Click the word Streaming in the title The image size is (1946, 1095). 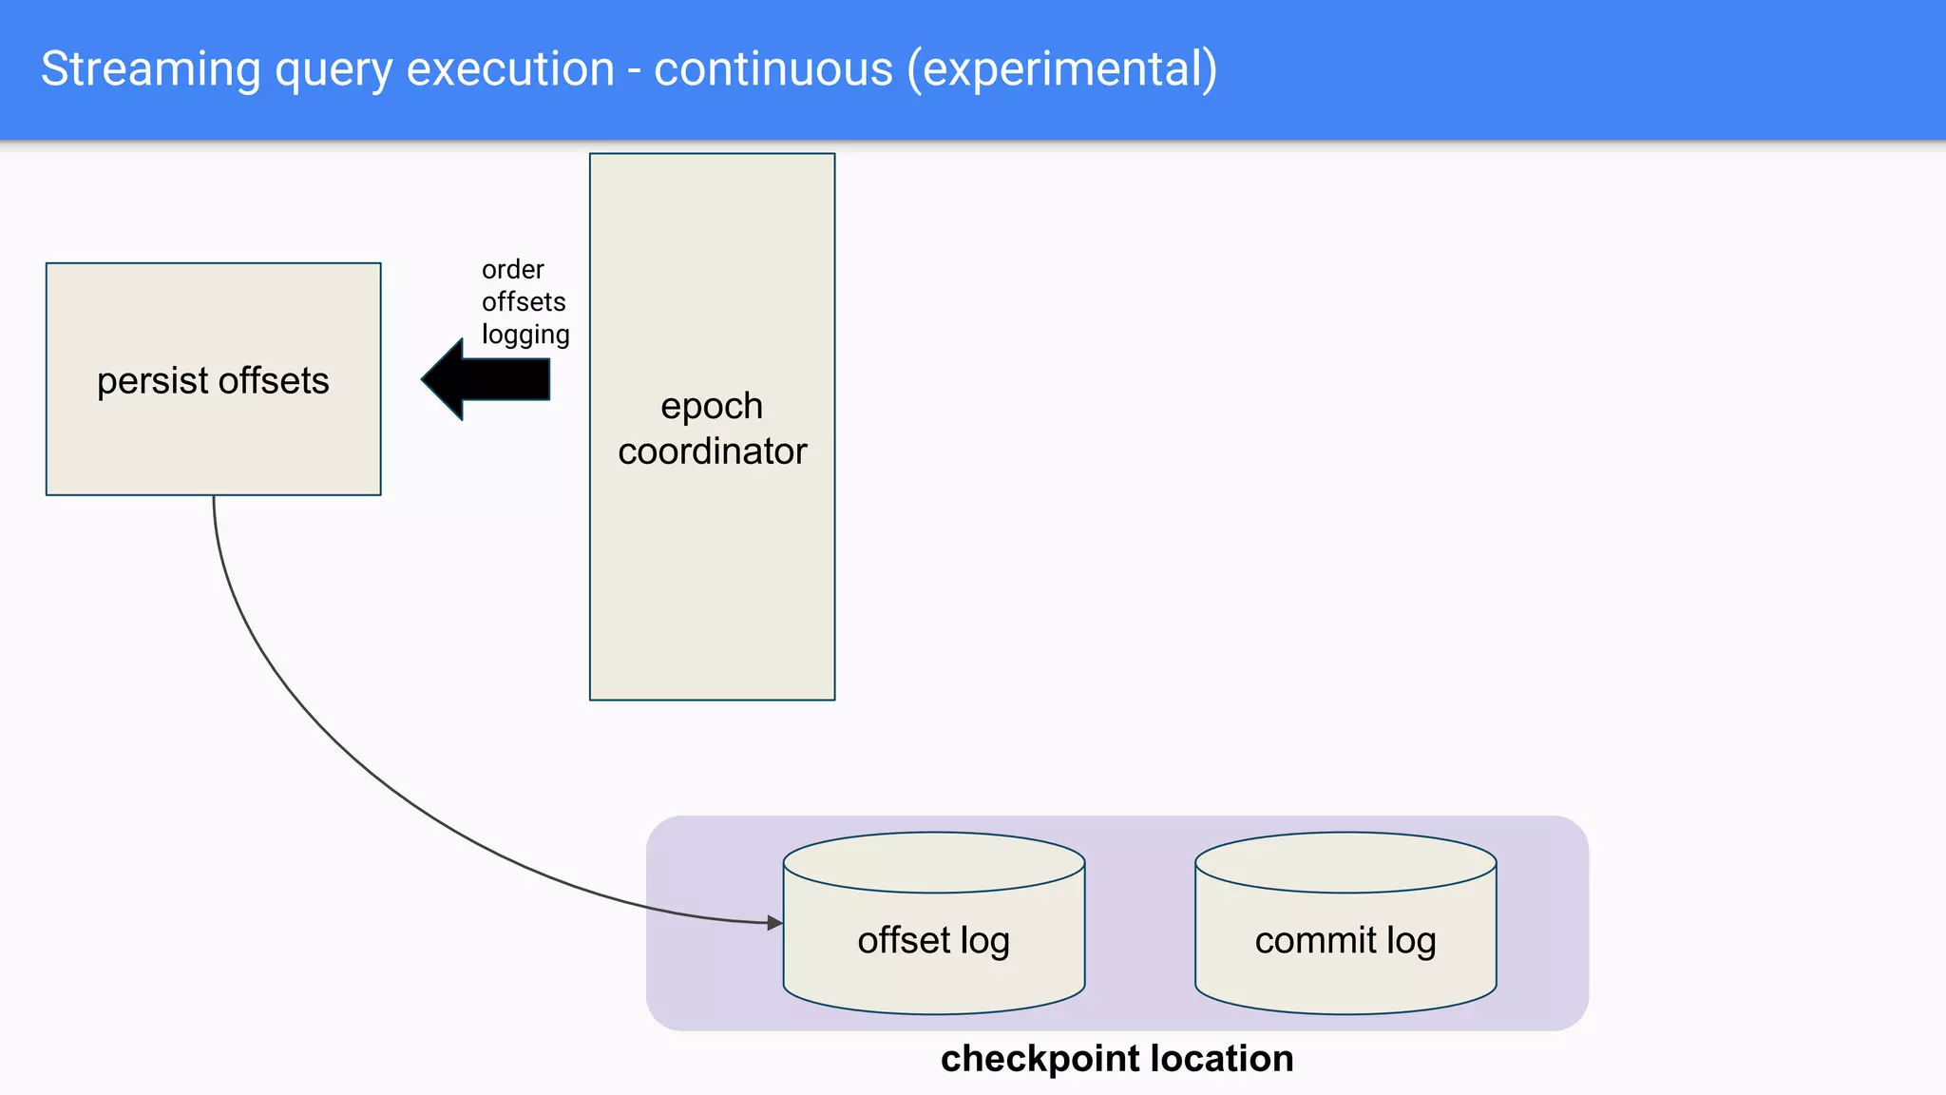tap(150, 69)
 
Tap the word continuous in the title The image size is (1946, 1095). tap(773, 69)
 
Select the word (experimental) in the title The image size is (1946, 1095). tap(1061, 69)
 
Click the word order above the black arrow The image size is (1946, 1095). tap(512, 269)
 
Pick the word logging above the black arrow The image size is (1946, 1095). tap(525, 335)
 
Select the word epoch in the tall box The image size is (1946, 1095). tap(712, 407)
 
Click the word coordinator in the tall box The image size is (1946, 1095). tap(712, 451)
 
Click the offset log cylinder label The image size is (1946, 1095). tap(933, 940)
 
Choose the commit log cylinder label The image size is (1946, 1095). tap(1345, 940)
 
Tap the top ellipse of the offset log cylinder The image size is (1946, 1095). tap(934, 862)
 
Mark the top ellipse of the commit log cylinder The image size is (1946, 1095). tap(1345, 862)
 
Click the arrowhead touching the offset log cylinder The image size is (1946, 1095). tap(775, 922)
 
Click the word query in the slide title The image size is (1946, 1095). tap(333, 69)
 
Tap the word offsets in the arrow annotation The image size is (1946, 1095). tap(524, 301)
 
